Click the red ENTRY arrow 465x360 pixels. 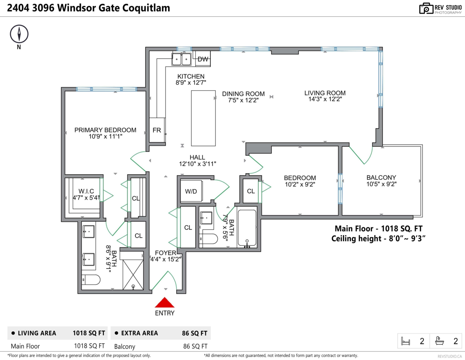(165, 302)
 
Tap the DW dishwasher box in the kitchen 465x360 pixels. (203, 59)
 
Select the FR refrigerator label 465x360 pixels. (157, 130)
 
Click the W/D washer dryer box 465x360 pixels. (191, 191)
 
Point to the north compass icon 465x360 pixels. (19, 34)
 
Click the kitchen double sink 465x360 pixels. (182, 59)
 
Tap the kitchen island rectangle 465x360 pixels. (203, 118)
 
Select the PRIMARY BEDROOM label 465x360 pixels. (105, 130)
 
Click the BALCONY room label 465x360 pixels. (381, 177)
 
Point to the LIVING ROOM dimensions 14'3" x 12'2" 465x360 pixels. (325, 100)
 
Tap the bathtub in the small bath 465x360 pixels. (247, 228)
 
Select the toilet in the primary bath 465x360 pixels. (91, 279)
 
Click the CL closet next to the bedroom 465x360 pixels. (251, 191)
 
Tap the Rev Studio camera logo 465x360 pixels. (426, 8)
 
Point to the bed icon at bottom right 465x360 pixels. (406, 341)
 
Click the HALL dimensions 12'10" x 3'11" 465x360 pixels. (197, 164)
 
